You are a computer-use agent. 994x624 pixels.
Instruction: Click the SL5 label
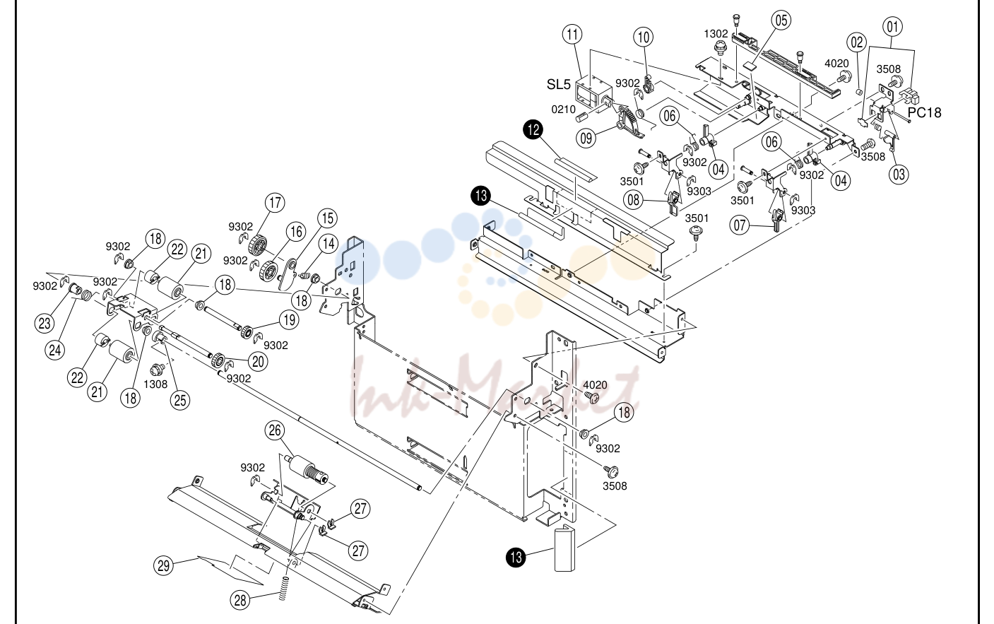click(558, 84)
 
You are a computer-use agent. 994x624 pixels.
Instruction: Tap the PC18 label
click(924, 113)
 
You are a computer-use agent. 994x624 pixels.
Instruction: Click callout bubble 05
click(781, 20)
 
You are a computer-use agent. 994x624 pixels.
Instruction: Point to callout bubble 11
click(572, 34)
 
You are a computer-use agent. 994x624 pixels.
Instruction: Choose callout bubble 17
click(275, 203)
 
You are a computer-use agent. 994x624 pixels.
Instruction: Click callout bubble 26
click(275, 430)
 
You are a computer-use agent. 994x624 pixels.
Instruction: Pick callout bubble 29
click(164, 566)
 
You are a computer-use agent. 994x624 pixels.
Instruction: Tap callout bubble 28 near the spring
click(240, 601)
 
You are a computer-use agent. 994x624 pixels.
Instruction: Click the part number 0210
click(563, 109)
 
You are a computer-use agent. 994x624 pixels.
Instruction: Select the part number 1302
click(716, 34)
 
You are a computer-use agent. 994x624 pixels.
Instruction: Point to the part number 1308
click(155, 384)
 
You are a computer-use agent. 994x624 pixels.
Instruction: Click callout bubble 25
click(180, 400)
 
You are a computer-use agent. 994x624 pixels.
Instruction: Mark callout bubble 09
click(586, 138)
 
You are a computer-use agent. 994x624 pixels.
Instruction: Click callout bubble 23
click(45, 323)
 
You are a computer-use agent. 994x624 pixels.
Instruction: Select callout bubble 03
click(899, 174)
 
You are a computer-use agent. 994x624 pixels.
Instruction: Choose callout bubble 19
click(290, 319)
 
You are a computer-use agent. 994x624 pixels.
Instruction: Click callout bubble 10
click(644, 37)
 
